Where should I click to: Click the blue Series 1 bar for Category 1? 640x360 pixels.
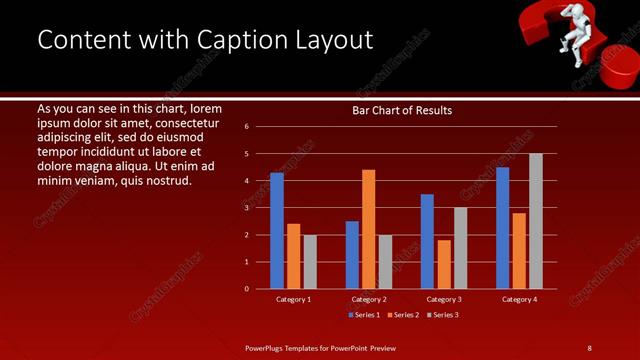[277, 231]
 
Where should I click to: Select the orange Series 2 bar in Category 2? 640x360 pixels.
[368, 229]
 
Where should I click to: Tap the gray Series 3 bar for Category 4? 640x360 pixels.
[535, 221]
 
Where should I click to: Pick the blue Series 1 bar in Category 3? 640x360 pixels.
[427, 241]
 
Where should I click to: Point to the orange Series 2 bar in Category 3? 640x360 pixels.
[444, 264]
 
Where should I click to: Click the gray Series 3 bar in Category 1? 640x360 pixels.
[310, 261]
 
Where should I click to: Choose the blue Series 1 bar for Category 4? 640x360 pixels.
[502, 228]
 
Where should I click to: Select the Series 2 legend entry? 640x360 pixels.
[403, 314]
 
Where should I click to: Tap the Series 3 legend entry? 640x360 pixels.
[441, 314]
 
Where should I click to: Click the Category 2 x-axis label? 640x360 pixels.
[368, 299]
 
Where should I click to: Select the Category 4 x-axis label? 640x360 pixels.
[518, 299]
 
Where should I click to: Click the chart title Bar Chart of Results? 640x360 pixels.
[402, 110]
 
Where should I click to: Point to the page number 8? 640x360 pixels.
[589, 347]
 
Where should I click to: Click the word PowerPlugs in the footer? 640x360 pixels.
[266, 347]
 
